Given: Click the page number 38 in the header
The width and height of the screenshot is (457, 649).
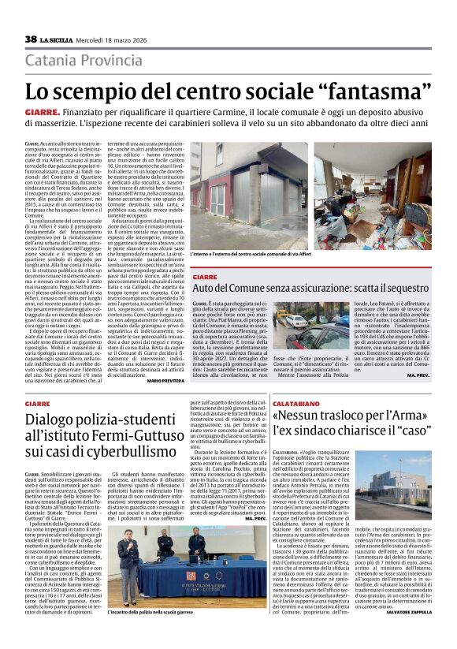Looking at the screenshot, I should (x=31, y=39).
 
